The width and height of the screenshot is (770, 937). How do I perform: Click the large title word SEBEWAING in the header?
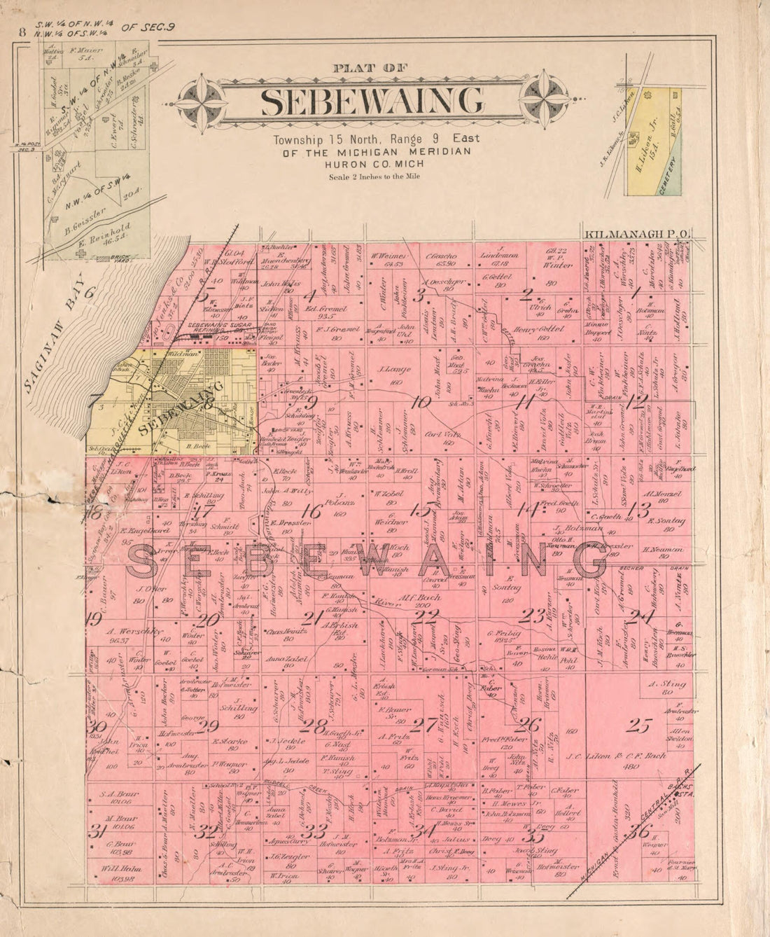coord(371,102)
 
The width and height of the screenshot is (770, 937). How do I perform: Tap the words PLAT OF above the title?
coord(370,68)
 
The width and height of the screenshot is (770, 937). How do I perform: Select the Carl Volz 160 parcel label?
coord(440,438)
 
